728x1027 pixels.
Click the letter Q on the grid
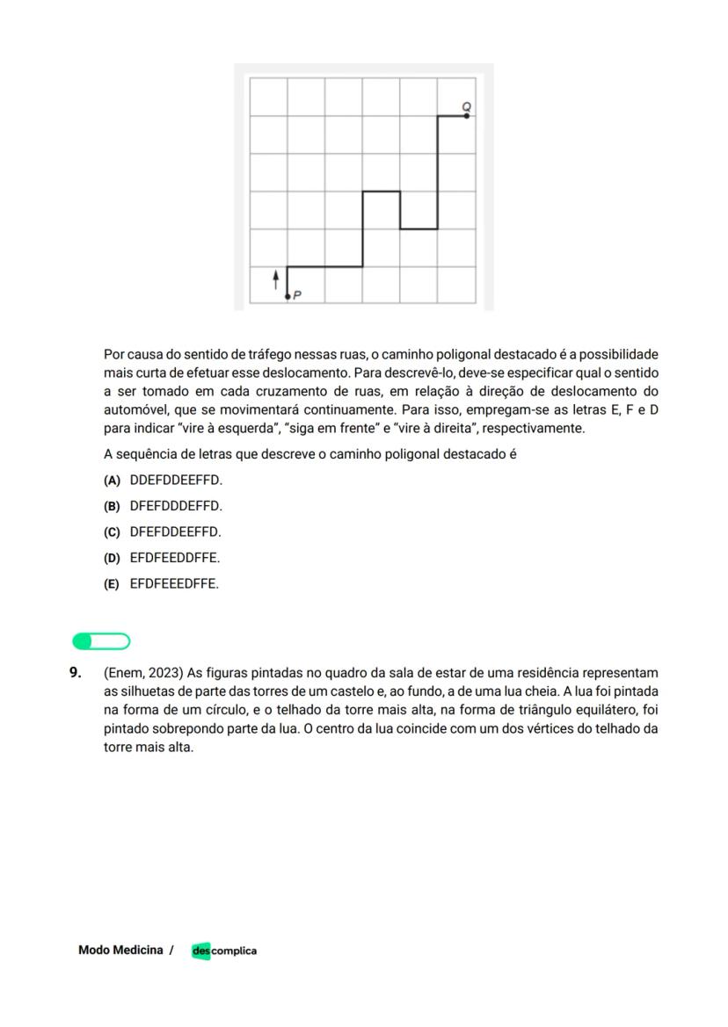coord(467,106)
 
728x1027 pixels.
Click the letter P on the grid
coord(296,296)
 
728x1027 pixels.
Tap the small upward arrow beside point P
coord(276,279)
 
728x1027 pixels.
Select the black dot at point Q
coord(467,115)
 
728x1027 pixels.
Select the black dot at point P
coord(288,298)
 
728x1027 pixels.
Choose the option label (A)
coord(112,481)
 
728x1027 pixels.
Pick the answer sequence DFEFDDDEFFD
coord(176,506)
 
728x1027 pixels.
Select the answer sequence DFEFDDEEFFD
coord(176,532)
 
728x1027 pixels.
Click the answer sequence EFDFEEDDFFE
coord(175,558)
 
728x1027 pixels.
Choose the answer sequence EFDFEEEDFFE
coord(174,583)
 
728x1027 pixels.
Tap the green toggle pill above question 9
coord(101,641)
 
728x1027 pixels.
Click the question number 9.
coord(75,673)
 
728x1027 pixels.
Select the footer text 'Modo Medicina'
coord(120,950)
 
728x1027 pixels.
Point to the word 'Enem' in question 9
coord(124,673)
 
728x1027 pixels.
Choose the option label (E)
coord(112,583)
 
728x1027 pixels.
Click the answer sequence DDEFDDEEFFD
coord(176,481)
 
